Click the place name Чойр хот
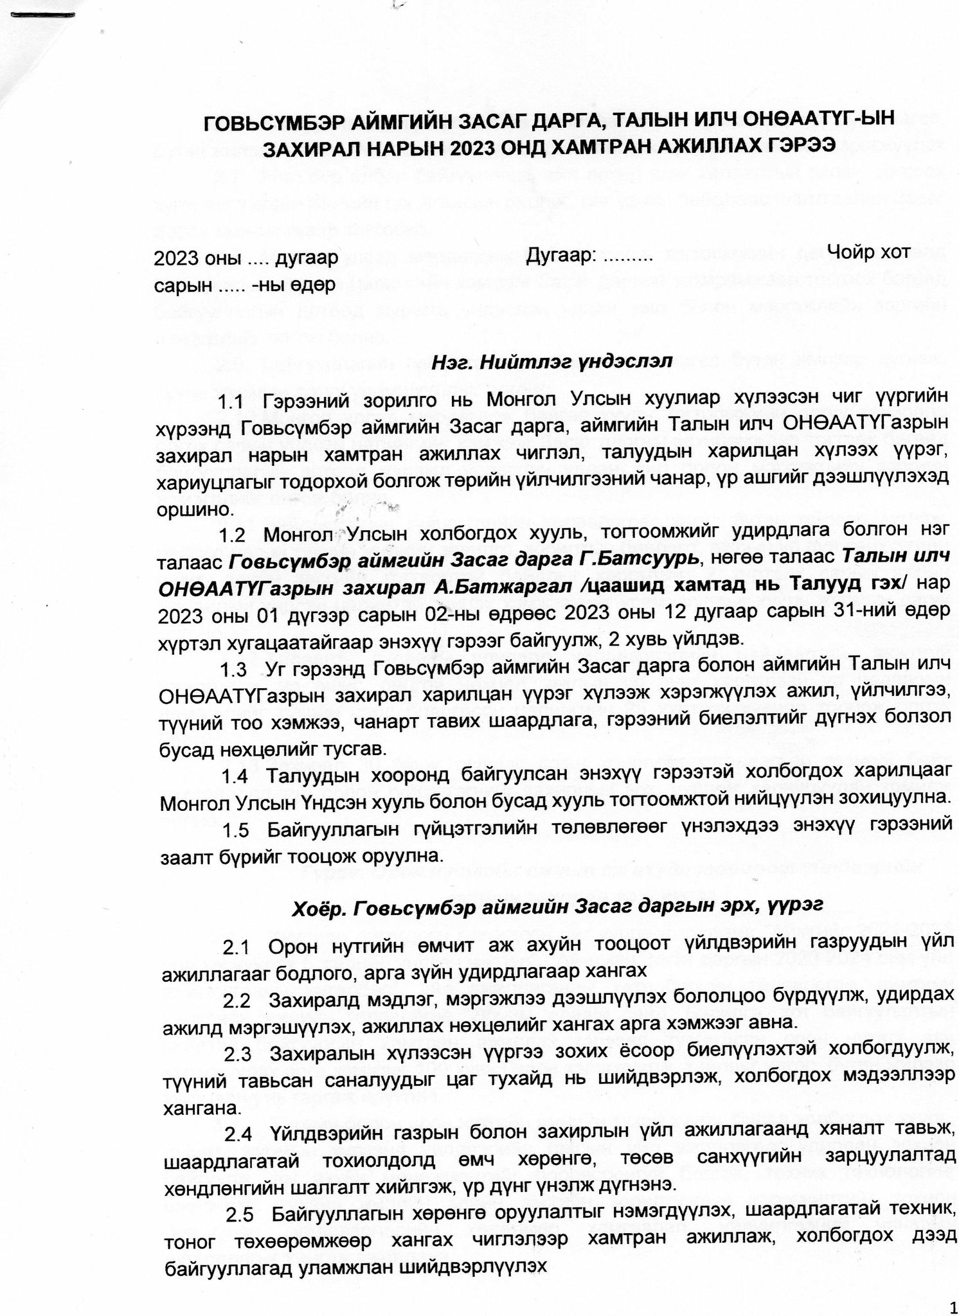868,252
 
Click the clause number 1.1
231,404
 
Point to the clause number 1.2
232,535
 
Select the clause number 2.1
236,948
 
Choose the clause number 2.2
237,1002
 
